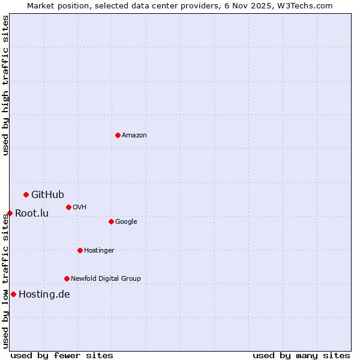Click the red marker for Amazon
[118, 135]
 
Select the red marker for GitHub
[26, 194]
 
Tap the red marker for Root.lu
[10, 213]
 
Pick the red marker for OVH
[68, 207]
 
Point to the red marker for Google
[111, 221]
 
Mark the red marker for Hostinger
[80, 250]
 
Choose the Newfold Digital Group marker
[67, 278]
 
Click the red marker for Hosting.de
[13, 294]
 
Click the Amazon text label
[134, 136]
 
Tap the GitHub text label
[47, 194]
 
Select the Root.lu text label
[32, 214]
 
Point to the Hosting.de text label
[44, 294]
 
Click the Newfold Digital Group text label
[106, 278]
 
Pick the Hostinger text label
[99, 250]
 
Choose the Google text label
[126, 222]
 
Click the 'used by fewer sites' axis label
[62, 355]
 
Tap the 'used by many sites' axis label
[301, 355]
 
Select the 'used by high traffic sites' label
[5, 85]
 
